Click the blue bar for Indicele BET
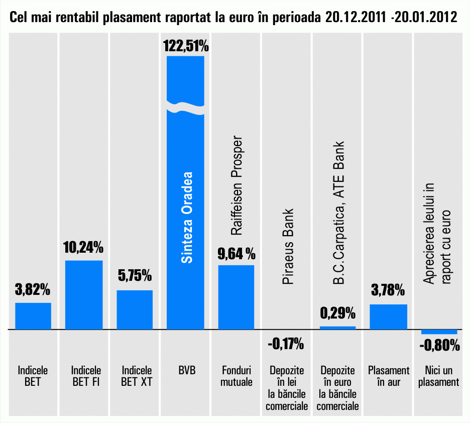coord(33,316)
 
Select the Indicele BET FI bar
coord(84,295)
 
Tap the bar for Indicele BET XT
coord(135,309)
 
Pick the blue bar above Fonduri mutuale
coord(236,297)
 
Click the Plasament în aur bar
coord(388,316)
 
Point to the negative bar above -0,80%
coord(439,332)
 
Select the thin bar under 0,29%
coord(337,328)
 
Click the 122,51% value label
coord(185,47)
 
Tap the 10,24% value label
coord(83,248)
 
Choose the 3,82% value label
coord(33,290)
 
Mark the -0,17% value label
coord(286,344)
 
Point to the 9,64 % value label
coord(236,253)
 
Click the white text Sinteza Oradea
coord(186,218)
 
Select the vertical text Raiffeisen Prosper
coord(237,185)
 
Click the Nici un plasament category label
coord(439,376)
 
